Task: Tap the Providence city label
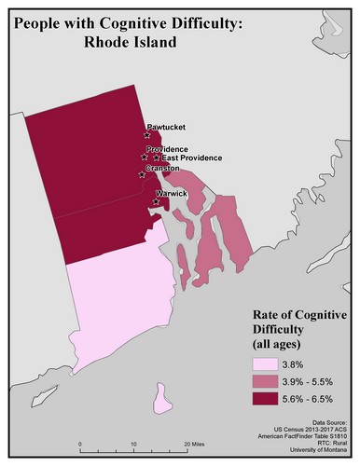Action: [x=169, y=149]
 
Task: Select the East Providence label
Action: [x=193, y=158]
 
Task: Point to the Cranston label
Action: [x=163, y=169]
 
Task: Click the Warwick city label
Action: [x=173, y=193]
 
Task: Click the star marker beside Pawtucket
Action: [x=147, y=135]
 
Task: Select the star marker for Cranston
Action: [x=141, y=174]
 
